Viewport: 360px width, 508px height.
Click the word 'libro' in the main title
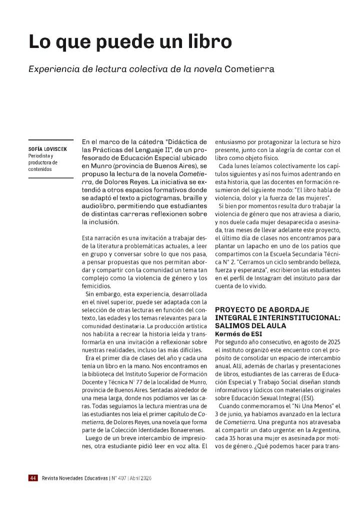[209, 41]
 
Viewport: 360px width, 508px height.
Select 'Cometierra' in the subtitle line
[249, 69]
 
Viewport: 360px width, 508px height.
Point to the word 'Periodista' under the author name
[40, 156]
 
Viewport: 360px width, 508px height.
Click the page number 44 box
[33, 478]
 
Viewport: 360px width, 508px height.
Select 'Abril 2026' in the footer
[140, 478]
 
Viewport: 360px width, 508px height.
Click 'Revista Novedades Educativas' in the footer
[74, 478]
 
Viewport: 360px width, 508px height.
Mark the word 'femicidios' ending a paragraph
[97, 286]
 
